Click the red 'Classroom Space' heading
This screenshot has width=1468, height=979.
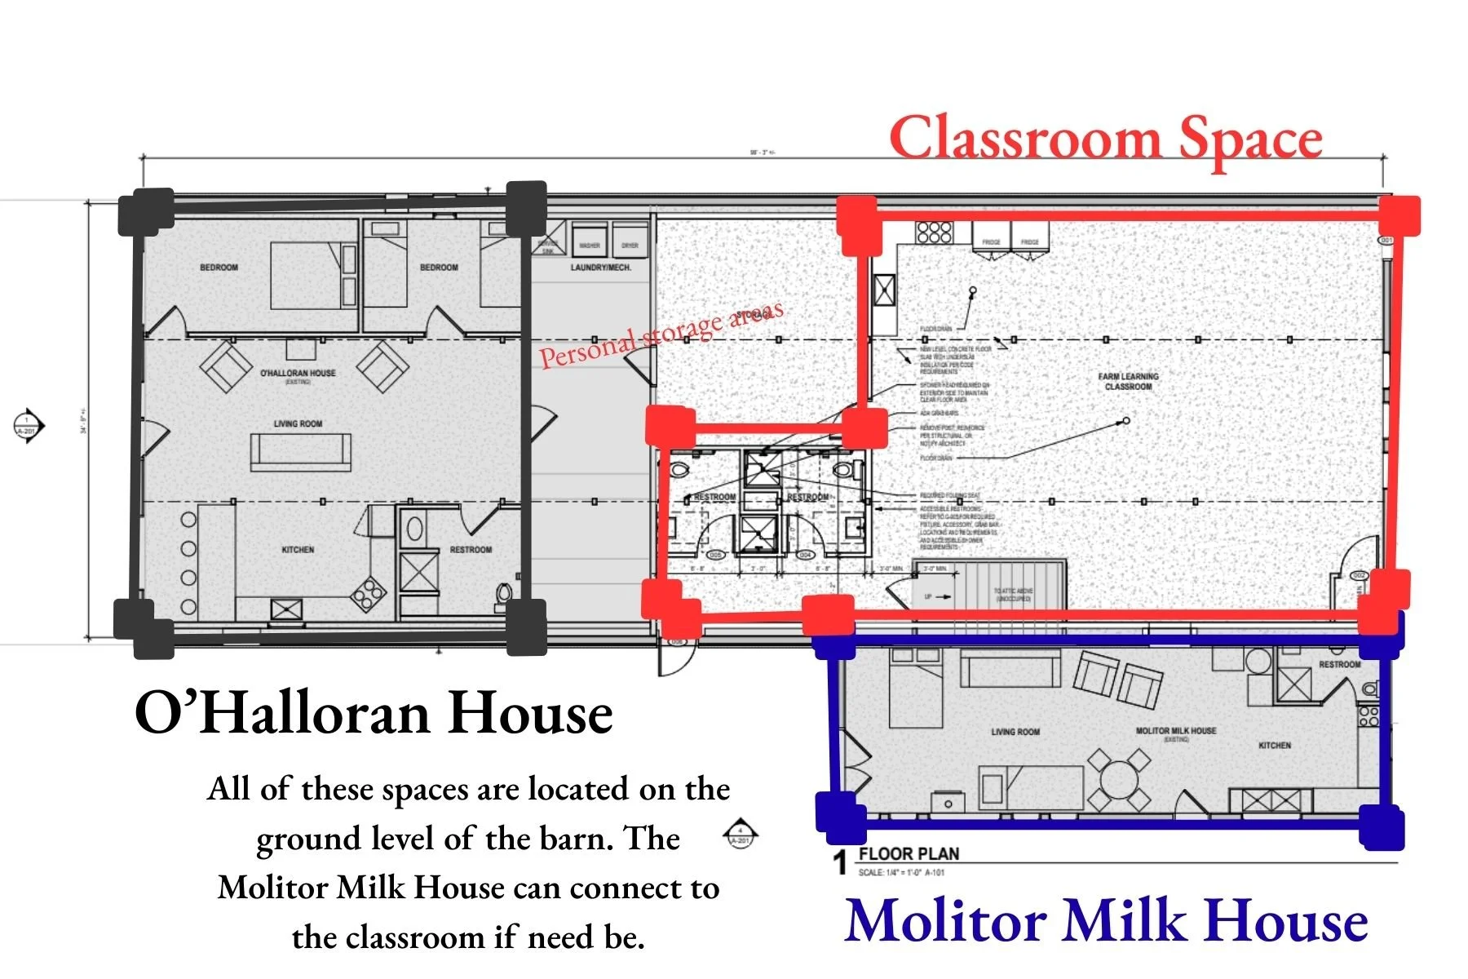click(x=1106, y=139)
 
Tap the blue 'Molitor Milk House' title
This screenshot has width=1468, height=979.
click(x=1106, y=920)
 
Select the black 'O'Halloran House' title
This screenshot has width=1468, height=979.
click(x=374, y=713)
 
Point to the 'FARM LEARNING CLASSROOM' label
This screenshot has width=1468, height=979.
click(x=1128, y=381)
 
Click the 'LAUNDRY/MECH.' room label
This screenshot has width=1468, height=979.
click(x=600, y=268)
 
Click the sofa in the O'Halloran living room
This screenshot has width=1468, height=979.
click(x=300, y=451)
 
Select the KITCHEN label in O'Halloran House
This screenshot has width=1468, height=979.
click(x=298, y=550)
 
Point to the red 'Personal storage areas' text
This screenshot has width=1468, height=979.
click(x=661, y=334)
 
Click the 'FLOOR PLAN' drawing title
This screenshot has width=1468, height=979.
click(x=909, y=854)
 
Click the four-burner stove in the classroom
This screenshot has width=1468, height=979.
click(x=934, y=232)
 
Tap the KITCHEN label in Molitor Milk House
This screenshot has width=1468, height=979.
click(x=1274, y=746)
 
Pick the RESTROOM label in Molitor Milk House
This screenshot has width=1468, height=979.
click(x=1339, y=665)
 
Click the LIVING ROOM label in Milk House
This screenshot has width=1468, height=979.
click(x=1015, y=732)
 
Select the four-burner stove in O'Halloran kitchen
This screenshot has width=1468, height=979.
click(x=368, y=594)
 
